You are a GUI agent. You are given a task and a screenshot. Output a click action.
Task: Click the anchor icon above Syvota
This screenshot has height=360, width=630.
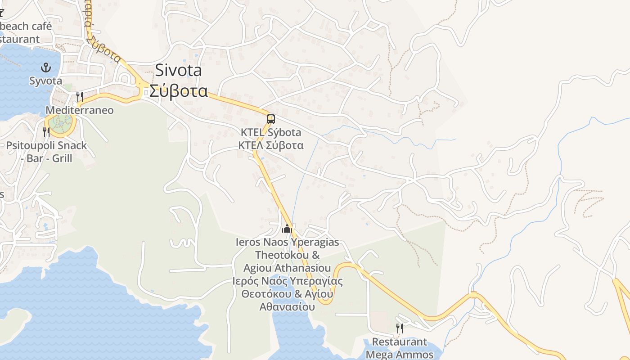[x=45, y=68]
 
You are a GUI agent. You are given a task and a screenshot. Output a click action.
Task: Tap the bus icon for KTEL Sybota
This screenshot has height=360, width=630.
[x=270, y=119]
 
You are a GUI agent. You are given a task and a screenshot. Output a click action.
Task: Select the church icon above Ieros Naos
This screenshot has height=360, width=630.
[x=287, y=229]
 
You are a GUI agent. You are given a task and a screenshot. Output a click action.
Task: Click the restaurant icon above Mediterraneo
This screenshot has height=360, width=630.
[x=80, y=96]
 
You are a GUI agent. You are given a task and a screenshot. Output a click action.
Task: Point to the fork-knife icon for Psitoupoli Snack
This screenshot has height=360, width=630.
[x=46, y=132]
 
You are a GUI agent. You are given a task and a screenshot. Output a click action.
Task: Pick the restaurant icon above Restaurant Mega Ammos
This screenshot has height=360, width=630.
[x=399, y=328]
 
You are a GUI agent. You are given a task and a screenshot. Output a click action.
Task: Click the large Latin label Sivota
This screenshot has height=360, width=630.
[x=178, y=71]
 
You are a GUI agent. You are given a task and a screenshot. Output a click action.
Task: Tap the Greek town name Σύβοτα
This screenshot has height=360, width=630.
[x=178, y=91]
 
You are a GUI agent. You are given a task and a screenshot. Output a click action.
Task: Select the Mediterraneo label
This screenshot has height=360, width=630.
[x=80, y=110]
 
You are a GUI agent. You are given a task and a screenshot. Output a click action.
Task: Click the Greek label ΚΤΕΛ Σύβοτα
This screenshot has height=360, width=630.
[x=270, y=145]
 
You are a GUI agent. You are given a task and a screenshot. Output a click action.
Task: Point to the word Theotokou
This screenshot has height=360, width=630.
[x=288, y=255]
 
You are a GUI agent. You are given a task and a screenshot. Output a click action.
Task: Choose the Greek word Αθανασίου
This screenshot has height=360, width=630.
[x=287, y=307]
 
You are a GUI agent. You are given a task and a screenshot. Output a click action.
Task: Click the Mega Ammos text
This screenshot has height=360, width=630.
[x=399, y=354]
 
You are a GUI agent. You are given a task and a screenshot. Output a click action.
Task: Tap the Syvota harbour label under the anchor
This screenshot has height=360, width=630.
[x=45, y=81]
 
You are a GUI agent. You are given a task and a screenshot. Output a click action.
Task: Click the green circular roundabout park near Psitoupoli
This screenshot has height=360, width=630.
[x=60, y=123]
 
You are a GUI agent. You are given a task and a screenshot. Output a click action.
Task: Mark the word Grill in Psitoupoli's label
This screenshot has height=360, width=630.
[x=62, y=158]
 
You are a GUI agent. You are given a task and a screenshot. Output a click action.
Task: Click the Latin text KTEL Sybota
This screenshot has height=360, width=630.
[x=270, y=133]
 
